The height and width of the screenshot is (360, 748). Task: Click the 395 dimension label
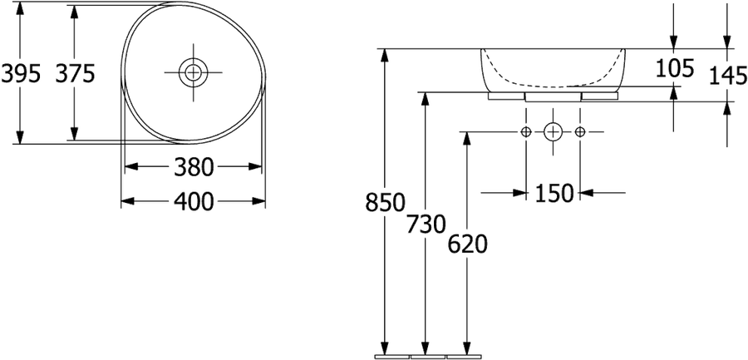[21, 74]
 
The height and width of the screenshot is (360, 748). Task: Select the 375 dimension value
[76, 74]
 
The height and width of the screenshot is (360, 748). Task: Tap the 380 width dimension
[193, 167]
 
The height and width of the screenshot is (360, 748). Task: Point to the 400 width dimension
[193, 202]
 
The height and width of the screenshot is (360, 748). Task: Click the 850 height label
[386, 202]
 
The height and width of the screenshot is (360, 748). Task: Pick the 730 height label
[426, 224]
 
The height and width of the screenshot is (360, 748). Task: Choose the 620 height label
[467, 244]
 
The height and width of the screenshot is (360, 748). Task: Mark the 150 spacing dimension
[554, 193]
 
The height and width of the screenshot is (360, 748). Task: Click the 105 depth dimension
[675, 68]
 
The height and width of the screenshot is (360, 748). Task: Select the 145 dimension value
[728, 76]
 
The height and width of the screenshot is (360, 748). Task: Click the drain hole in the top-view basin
[193, 72]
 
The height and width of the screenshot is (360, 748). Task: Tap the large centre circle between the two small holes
[553, 131]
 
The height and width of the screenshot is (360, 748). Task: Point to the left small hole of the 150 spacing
[526, 131]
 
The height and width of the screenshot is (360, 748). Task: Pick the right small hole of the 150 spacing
[579, 131]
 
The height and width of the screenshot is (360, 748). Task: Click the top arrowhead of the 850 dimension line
[385, 55]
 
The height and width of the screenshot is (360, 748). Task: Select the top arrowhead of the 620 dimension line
[467, 138]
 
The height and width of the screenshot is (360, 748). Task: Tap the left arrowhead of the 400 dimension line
[127, 201]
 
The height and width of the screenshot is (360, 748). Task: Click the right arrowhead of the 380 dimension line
[255, 166]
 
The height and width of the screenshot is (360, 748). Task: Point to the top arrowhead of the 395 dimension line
[20, 8]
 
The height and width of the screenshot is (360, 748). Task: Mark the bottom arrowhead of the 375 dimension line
[74, 134]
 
